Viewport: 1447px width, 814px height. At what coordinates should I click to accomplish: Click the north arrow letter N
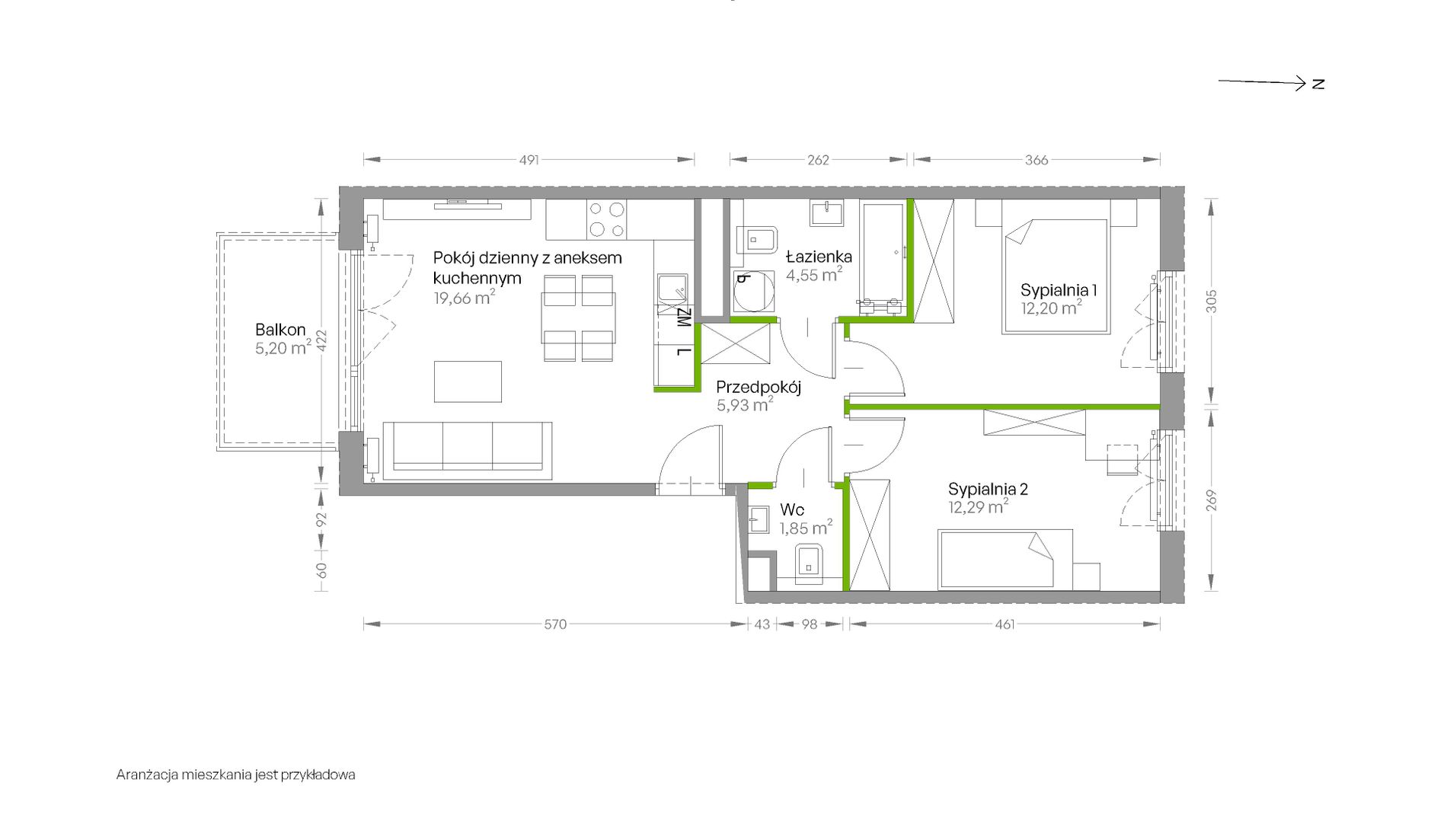tap(1318, 84)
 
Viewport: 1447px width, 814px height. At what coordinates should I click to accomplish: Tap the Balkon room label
tap(280, 330)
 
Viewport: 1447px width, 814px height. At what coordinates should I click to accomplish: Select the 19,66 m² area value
tap(464, 298)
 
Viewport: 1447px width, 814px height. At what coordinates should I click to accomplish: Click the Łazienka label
tap(819, 257)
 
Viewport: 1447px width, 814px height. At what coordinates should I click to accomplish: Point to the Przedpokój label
tap(759, 387)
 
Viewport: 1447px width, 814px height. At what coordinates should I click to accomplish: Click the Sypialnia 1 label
tap(1059, 290)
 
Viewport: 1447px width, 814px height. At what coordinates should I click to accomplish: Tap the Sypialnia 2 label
tap(988, 489)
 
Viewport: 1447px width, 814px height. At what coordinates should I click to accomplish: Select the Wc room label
tap(792, 509)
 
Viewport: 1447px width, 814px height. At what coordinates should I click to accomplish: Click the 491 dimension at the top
tap(529, 160)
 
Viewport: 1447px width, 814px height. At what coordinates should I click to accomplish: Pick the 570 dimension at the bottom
tap(555, 624)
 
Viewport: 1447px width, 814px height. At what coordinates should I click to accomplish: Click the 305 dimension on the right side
tap(1212, 301)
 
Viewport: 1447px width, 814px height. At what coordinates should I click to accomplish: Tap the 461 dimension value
tap(1005, 624)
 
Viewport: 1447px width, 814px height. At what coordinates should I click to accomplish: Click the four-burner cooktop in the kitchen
tap(607, 219)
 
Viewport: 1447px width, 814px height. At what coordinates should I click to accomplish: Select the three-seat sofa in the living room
tap(468, 450)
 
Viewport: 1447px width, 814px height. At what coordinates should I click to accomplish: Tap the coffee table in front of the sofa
tap(468, 381)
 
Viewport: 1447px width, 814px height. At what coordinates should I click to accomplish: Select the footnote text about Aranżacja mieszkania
tap(236, 775)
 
